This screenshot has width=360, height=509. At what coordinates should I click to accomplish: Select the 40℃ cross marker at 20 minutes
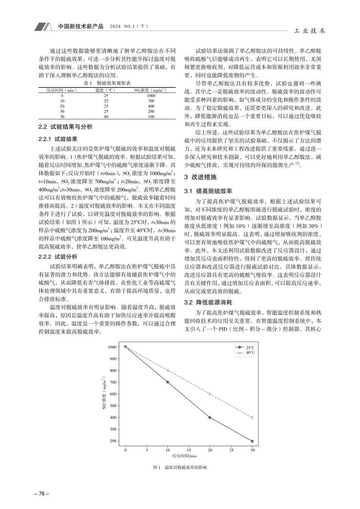(210, 394)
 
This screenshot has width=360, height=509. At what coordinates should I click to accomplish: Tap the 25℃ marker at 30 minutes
(252, 441)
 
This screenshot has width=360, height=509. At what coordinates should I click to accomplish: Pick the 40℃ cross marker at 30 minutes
(252, 417)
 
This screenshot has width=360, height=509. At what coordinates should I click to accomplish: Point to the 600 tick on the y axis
(112, 394)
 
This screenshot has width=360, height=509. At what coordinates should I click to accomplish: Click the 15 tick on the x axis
(189, 451)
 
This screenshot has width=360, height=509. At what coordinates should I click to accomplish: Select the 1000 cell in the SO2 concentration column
(151, 96)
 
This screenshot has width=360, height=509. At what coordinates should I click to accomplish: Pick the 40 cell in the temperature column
(106, 117)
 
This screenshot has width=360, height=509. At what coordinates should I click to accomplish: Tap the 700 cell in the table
(151, 101)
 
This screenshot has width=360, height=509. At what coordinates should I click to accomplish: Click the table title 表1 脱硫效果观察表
(107, 83)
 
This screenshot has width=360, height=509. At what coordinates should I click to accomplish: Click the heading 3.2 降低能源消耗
(208, 303)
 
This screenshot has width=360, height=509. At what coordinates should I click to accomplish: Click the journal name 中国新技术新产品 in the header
(81, 27)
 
